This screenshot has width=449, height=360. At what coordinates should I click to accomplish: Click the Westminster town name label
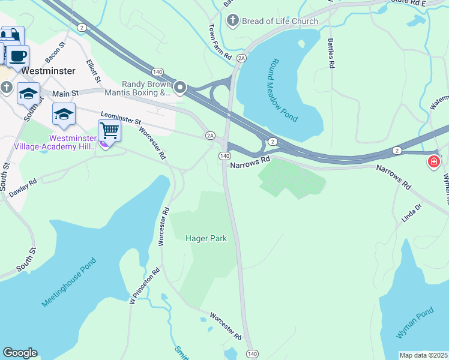point(48,70)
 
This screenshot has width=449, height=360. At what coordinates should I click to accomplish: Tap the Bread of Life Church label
point(279,22)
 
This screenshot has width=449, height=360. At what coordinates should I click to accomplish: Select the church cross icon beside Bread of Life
point(232,22)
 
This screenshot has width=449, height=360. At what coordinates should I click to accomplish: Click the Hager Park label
point(206,238)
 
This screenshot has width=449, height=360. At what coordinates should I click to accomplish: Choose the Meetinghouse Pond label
point(68,283)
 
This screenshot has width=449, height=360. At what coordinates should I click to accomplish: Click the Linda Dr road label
point(412,214)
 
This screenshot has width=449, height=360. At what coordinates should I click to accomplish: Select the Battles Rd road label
point(331,52)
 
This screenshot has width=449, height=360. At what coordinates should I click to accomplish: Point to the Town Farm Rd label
point(220,41)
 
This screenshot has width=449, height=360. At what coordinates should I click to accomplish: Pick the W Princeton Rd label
point(145,286)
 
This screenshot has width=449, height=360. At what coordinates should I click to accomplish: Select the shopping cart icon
point(109,130)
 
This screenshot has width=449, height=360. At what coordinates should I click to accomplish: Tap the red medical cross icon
point(433,162)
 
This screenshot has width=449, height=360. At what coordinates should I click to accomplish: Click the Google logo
point(20,353)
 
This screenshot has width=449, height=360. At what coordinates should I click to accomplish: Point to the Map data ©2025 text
point(423,355)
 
